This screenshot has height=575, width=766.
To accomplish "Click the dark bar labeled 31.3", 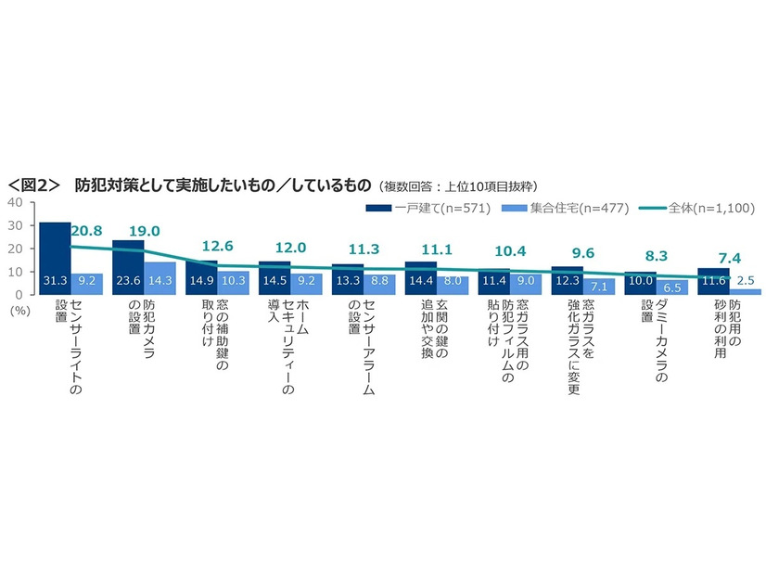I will (55, 259).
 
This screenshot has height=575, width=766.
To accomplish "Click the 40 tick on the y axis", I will (15, 202).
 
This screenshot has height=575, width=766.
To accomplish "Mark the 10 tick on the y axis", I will (15, 272).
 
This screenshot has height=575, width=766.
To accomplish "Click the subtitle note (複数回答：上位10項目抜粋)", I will (458, 185).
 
